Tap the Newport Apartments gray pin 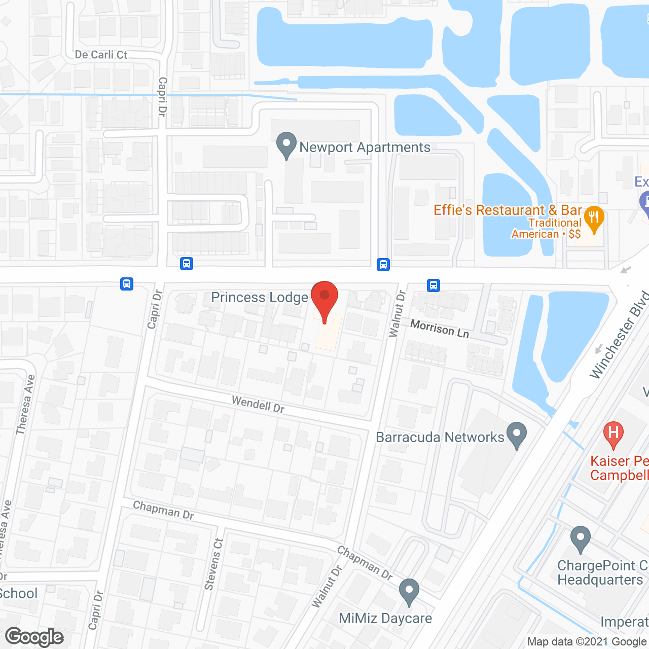(x=286, y=145)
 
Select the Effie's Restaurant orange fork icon (x=594, y=219)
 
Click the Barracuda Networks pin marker (x=517, y=435)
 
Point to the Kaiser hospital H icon (x=613, y=434)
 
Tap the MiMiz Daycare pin (x=409, y=591)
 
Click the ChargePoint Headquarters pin (x=581, y=539)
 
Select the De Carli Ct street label (x=101, y=55)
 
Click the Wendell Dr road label (x=258, y=404)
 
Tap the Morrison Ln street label (x=440, y=329)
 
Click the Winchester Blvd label (x=619, y=335)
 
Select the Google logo (x=34, y=637)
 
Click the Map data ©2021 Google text (x=587, y=642)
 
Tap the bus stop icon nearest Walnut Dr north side (x=383, y=264)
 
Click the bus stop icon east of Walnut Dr (x=433, y=285)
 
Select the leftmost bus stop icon (x=127, y=284)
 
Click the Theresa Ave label (x=25, y=404)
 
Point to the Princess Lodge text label (x=260, y=297)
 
